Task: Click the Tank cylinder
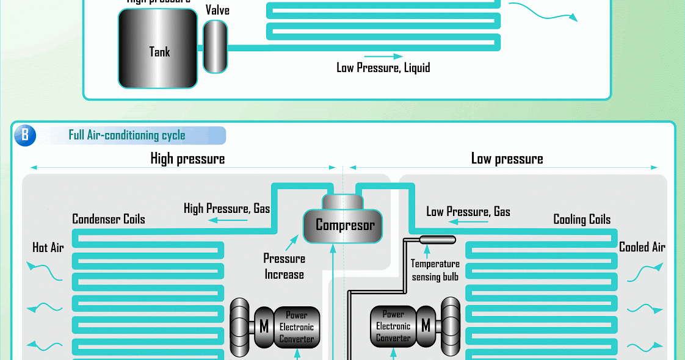click(158, 49)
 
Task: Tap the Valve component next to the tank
click(215, 46)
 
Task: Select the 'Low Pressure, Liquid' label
click(383, 67)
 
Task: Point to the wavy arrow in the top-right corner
click(543, 11)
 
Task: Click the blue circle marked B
click(25, 135)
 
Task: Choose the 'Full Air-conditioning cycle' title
click(127, 135)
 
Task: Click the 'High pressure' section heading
click(187, 159)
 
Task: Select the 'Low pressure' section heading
click(507, 159)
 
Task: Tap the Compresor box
click(344, 225)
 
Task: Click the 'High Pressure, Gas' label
click(227, 209)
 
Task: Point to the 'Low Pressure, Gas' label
click(468, 212)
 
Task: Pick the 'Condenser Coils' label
click(109, 218)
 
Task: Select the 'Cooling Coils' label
click(582, 219)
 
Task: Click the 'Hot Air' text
click(48, 247)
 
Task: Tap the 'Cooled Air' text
click(642, 247)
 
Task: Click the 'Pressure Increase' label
click(284, 266)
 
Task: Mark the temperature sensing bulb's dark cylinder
click(438, 240)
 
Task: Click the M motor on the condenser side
click(264, 326)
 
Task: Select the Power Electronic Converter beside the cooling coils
click(393, 326)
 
